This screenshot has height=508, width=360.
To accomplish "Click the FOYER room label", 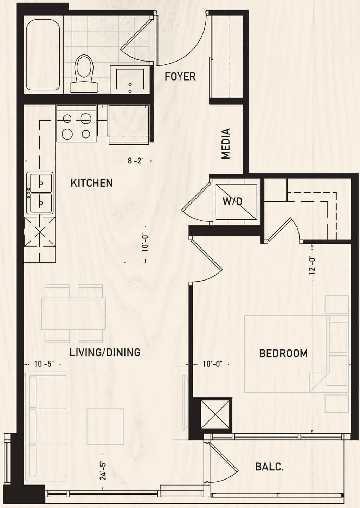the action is (180, 76).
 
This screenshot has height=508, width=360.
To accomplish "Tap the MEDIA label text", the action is (226, 143).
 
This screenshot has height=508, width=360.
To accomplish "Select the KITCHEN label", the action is (92, 183).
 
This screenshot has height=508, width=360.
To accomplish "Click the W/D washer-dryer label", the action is (232, 201).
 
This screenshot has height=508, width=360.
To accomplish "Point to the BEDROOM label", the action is (283, 353).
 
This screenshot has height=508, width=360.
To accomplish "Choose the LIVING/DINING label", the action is (105, 352).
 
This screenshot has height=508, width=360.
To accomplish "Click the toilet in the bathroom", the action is (84, 73).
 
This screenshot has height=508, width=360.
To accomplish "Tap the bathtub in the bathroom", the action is (43, 54).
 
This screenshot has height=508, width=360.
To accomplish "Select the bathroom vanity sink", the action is (130, 79).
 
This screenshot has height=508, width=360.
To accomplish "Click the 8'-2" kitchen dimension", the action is (136, 161).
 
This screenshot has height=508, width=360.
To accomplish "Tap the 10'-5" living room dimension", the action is (44, 364).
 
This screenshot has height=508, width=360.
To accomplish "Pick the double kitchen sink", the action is (40, 193).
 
